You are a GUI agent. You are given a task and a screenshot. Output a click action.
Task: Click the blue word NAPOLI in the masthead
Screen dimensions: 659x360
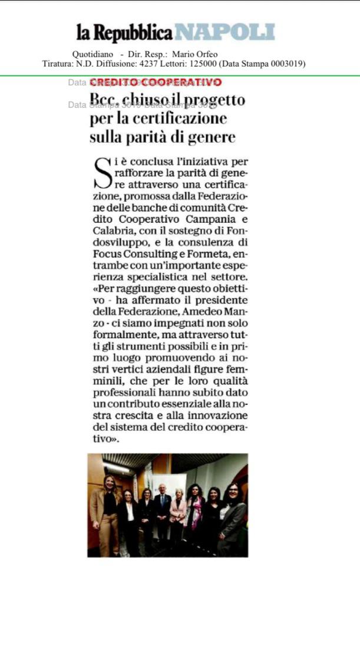(226, 32)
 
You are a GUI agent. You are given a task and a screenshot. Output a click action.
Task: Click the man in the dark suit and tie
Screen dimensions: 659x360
(162, 510)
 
